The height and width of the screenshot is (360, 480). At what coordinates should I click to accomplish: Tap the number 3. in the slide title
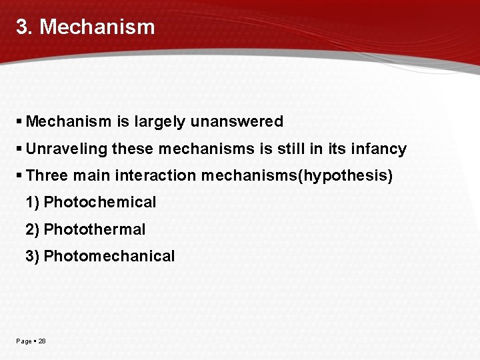click(25, 27)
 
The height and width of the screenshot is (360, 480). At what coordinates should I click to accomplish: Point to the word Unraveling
click(67, 149)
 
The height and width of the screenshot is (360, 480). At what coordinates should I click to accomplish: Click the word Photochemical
click(99, 203)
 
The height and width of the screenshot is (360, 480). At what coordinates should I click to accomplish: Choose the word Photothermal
click(94, 229)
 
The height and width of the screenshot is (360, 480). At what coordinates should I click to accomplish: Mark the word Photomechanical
click(109, 256)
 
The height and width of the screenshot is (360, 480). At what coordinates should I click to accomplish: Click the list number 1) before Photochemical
click(32, 203)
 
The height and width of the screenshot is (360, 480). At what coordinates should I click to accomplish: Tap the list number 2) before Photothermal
click(32, 229)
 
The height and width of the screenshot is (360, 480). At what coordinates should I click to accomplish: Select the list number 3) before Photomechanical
click(32, 256)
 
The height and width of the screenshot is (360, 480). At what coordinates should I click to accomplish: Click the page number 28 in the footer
click(42, 341)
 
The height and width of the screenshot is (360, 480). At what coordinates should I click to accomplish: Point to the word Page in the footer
click(23, 341)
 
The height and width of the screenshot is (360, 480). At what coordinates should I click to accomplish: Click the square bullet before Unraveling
click(19, 149)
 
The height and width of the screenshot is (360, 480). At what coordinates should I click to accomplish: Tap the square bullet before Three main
click(19, 175)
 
